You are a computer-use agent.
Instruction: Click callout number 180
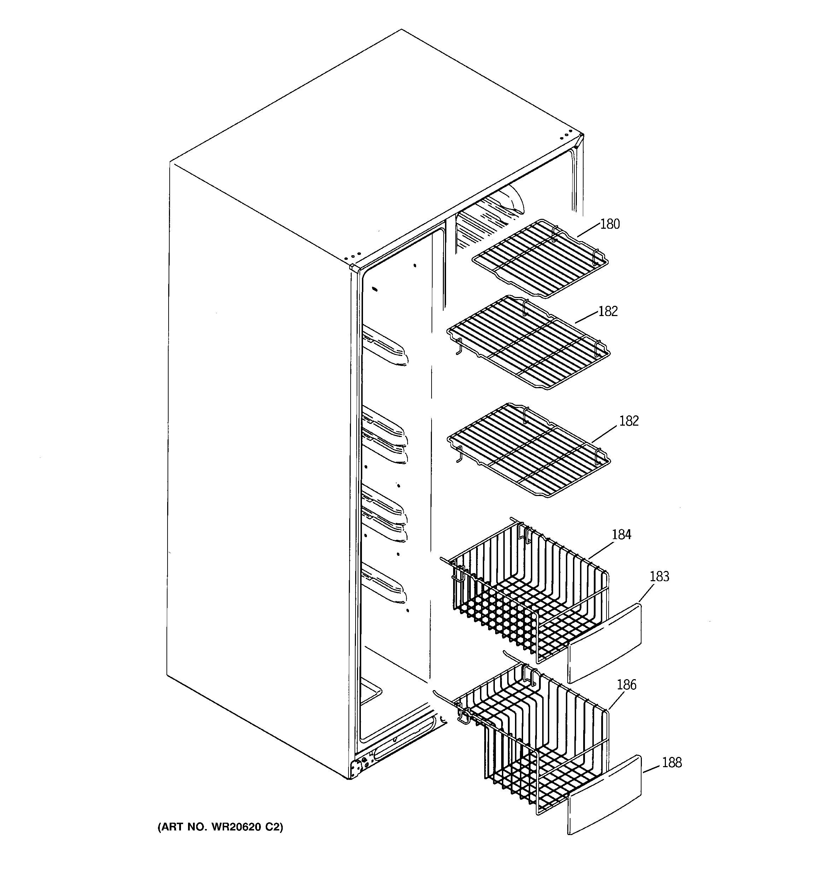pyautogui.click(x=610, y=224)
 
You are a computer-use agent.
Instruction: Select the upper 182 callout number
pyautogui.click(x=608, y=311)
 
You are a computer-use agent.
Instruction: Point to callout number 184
pyautogui.click(x=621, y=535)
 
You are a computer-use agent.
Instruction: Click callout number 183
pyautogui.click(x=659, y=577)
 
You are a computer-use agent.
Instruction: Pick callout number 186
pyautogui.click(x=626, y=685)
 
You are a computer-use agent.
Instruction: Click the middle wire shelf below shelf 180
pyautogui.click(x=528, y=343)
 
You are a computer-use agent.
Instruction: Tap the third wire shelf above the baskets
pyautogui.click(x=528, y=450)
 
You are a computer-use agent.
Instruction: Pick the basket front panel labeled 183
pyautogui.click(x=604, y=643)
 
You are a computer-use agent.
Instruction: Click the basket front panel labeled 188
pyautogui.click(x=604, y=795)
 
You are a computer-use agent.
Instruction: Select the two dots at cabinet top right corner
pyautogui.click(x=565, y=135)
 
